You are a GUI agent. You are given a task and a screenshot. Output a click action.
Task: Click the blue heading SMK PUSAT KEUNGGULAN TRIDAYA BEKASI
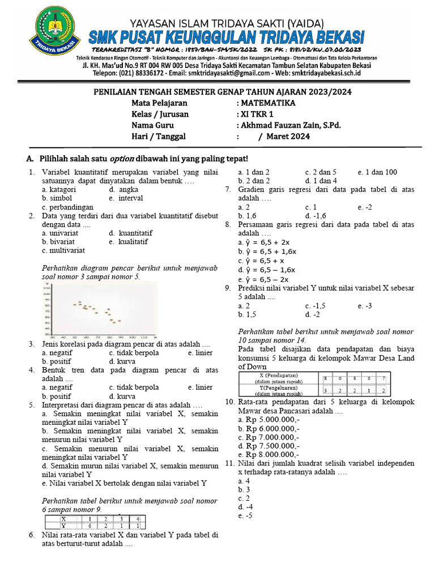(x=227, y=37)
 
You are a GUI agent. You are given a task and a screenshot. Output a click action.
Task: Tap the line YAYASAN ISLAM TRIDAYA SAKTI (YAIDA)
(x=227, y=23)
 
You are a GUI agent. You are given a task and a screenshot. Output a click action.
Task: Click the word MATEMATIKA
(x=268, y=104)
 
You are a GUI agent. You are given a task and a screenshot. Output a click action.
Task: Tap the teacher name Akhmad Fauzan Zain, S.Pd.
(x=291, y=126)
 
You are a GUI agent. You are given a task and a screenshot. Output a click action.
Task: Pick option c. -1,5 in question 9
(x=317, y=306)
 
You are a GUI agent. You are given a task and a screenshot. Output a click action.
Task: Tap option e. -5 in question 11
(x=245, y=517)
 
